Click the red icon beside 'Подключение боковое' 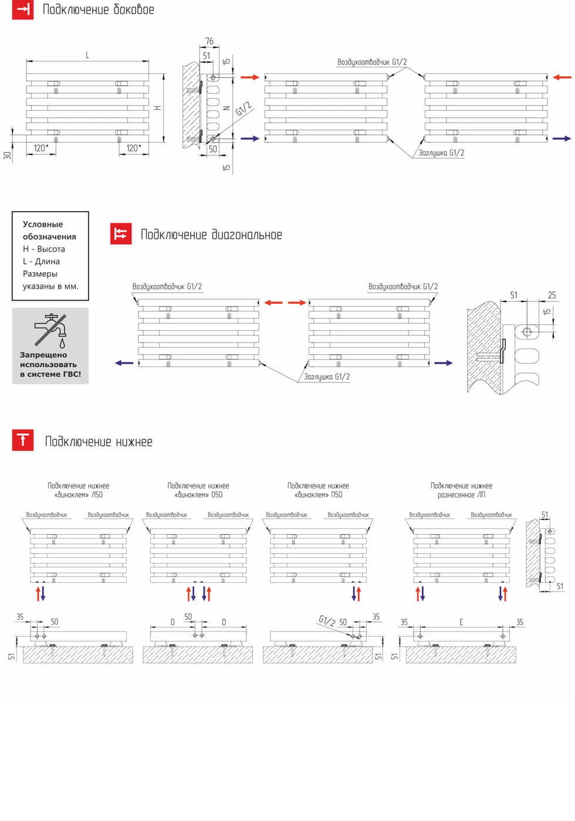pos(23,9)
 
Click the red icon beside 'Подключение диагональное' pos(121,233)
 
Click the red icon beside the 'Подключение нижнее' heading pos(23,440)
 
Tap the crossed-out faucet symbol pos(50,330)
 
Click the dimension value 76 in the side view pos(209,41)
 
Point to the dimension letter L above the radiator pos(87,55)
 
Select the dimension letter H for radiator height pos(157,108)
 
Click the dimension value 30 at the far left pos(7,155)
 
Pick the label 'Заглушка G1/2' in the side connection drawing pos(441,152)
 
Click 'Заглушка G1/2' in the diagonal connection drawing pos(327,376)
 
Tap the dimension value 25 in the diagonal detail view pos(552,295)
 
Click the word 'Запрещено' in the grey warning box pos(43,355)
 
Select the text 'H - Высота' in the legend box pos(44,249)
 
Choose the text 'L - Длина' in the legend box pos(41,261)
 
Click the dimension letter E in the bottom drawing pos(461,622)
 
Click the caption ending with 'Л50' pos(79,494)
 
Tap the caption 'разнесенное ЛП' pos(461,494)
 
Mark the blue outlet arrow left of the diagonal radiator pos(124,363)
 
